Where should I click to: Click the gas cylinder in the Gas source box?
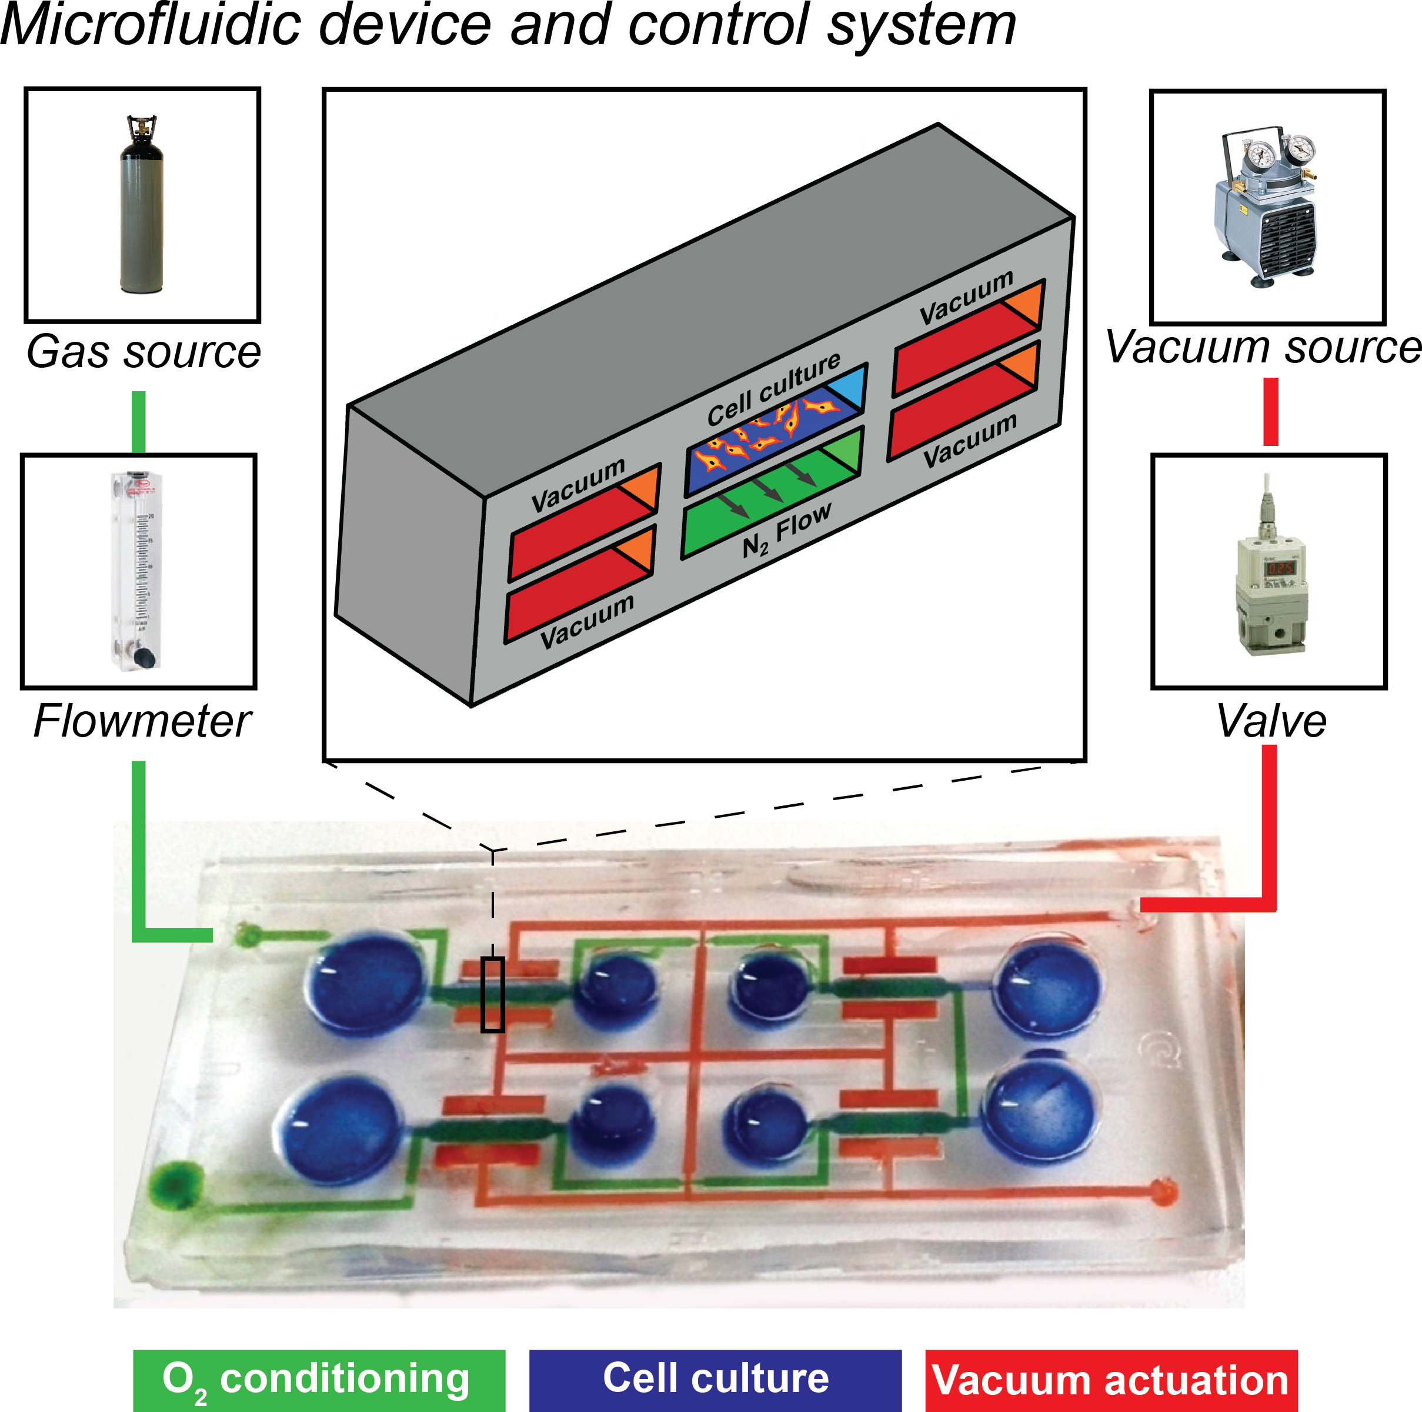click(x=142, y=206)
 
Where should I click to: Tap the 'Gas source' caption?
click(x=143, y=352)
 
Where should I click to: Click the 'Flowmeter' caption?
click(x=142, y=721)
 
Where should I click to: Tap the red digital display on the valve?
click(x=1281, y=568)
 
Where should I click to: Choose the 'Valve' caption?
click(x=1271, y=721)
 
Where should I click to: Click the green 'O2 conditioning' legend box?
click(x=319, y=1380)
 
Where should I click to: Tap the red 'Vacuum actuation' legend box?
click(x=1111, y=1380)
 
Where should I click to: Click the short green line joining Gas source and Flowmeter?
click(x=138, y=421)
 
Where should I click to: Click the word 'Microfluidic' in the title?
click(x=151, y=25)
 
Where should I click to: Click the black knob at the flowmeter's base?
click(x=150, y=657)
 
